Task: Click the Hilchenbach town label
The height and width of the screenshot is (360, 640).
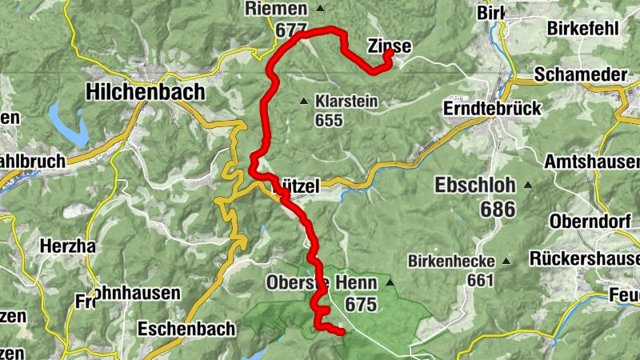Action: point(145,93)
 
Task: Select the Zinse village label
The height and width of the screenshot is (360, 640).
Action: point(390,47)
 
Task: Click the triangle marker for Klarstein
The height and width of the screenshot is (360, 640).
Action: point(303,102)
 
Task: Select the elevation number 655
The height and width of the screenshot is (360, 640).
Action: point(329,121)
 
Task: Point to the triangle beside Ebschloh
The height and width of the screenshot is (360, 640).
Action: point(527,186)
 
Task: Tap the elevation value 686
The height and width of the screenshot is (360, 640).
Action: point(498,210)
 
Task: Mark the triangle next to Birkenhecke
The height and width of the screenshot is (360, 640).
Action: point(506,261)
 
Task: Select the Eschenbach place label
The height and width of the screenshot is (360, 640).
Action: point(186,328)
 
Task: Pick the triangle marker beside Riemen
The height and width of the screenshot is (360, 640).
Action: point(320,9)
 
